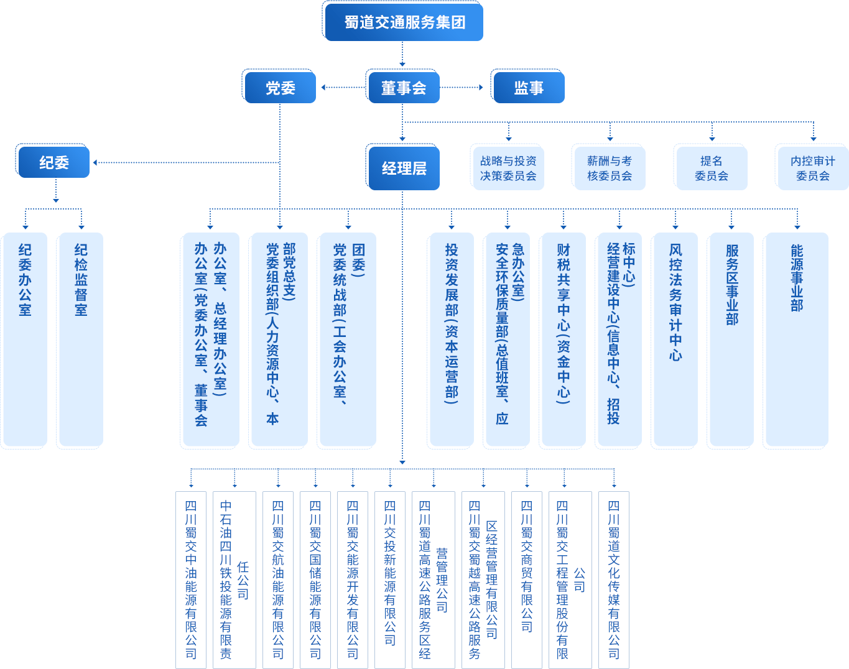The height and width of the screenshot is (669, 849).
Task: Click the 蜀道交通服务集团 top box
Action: coord(404,22)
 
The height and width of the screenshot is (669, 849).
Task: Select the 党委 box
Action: coord(280,88)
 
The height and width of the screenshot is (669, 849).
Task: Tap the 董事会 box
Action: coord(403,88)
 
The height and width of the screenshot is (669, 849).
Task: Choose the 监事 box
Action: coord(529,88)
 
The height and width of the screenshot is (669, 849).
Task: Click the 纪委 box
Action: coord(54,163)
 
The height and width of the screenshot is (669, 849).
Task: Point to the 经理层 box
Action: coord(404,168)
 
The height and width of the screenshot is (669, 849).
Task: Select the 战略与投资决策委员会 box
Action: coord(508,168)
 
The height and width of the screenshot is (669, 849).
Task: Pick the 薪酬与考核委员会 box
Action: coord(610,168)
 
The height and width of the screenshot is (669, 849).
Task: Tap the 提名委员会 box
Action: coord(712,168)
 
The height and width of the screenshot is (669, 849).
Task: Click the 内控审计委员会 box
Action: coord(813,168)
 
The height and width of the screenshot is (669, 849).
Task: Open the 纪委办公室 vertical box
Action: coord(25,340)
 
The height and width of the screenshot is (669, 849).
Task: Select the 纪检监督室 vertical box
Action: coord(81,340)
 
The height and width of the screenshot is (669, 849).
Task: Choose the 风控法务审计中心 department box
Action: coord(675,340)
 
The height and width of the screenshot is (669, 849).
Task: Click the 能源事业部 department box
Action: coord(797,340)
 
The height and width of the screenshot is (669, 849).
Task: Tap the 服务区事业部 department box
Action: coord(732,340)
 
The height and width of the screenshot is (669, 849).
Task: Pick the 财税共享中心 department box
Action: coord(564,340)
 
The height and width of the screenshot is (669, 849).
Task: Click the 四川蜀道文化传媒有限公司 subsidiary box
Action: coord(614,579)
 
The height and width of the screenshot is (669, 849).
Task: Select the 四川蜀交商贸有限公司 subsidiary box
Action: coord(527,579)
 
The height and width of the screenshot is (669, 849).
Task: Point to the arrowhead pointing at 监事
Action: coord(480,88)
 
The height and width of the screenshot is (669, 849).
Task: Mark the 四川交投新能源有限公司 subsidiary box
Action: coord(390,579)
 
